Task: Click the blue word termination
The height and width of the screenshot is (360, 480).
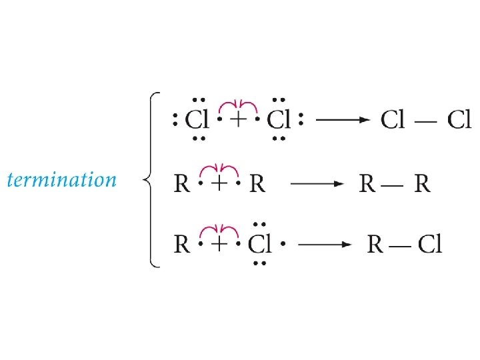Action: point(61,180)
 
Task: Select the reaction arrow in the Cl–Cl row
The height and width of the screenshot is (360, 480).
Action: point(341,120)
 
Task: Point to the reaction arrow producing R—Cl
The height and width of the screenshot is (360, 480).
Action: point(325,245)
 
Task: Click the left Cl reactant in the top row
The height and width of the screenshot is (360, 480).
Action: point(197,120)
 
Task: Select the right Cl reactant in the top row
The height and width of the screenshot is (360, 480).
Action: point(279,120)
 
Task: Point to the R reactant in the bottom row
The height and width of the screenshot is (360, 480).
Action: point(182,245)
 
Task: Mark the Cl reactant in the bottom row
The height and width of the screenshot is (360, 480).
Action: point(260,245)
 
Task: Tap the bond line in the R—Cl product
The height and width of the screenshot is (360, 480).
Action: point(400,245)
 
